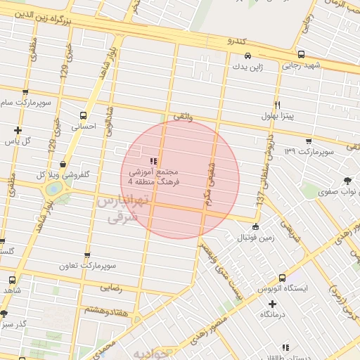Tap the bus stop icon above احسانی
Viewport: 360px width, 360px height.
click(84, 115)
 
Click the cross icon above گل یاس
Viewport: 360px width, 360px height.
click(18, 130)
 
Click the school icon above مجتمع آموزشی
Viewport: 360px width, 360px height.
click(153, 161)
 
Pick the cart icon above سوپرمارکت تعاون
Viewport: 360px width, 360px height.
click(87, 256)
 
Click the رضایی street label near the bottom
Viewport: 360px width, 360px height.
click(111, 287)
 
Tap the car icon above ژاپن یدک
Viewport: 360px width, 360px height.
click(247, 56)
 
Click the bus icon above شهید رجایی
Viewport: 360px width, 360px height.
click(301, 54)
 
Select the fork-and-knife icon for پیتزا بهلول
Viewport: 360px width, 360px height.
click(278, 105)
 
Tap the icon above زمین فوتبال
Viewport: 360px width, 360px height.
click(255, 226)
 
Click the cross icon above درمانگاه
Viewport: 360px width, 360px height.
click(272, 304)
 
